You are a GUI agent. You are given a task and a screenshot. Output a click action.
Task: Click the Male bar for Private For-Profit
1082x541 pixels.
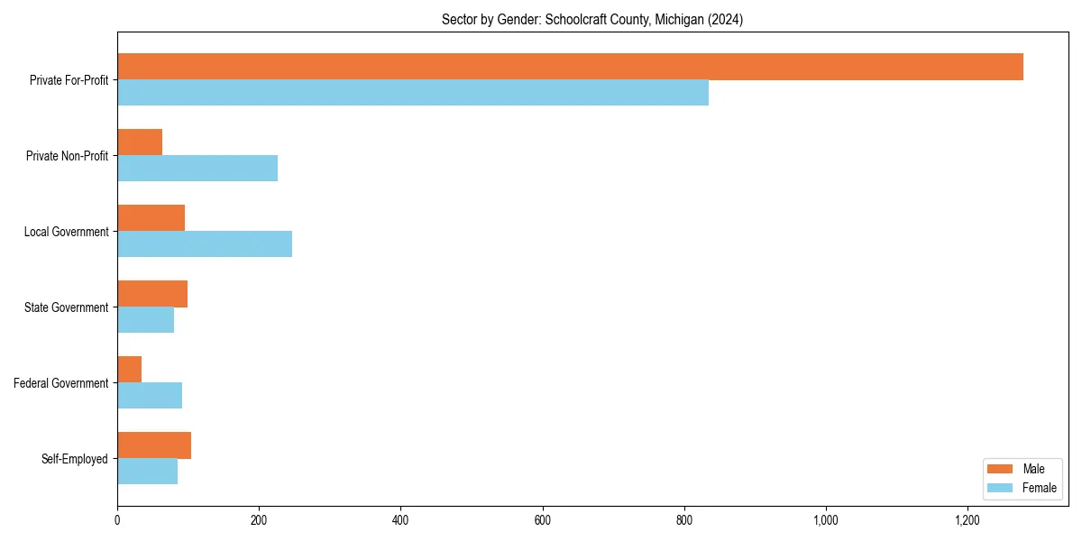[570, 67]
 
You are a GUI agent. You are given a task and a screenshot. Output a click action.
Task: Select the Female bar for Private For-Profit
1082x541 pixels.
[413, 93]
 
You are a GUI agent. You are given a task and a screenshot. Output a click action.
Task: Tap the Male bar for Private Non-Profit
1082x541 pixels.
[140, 142]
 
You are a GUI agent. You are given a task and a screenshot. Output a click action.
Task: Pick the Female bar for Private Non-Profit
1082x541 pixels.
[197, 169]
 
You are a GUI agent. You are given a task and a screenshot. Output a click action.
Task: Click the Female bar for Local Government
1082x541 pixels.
[205, 244]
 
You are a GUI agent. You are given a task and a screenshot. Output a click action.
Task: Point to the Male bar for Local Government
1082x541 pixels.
[151, 218]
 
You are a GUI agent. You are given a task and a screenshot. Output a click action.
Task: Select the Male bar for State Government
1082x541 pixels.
[152, 294]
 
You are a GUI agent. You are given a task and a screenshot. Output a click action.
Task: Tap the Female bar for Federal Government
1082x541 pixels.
[150, 396]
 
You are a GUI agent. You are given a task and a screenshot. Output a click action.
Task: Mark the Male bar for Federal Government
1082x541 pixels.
[129, 370]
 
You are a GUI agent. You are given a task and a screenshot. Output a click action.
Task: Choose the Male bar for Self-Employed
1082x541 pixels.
[154, 445]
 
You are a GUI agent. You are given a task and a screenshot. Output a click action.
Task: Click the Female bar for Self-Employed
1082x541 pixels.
[147, 472]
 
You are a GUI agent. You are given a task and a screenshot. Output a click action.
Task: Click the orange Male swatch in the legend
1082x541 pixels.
[1001, 469]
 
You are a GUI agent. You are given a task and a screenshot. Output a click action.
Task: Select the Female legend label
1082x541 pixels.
[1040, 488]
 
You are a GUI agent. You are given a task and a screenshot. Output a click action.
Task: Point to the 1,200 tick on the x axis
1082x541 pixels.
[967, 520]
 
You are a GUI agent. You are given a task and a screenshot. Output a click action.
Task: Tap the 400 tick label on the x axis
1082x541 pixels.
[400, 520]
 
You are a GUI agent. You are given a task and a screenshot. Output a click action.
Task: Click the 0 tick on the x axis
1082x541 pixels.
[117, 520]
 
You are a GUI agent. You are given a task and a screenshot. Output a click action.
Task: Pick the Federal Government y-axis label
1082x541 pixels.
[61, 383]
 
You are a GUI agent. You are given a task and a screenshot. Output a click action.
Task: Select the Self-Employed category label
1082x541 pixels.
[75, 459]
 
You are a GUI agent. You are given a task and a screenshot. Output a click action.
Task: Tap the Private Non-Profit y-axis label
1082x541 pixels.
[67, 156]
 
